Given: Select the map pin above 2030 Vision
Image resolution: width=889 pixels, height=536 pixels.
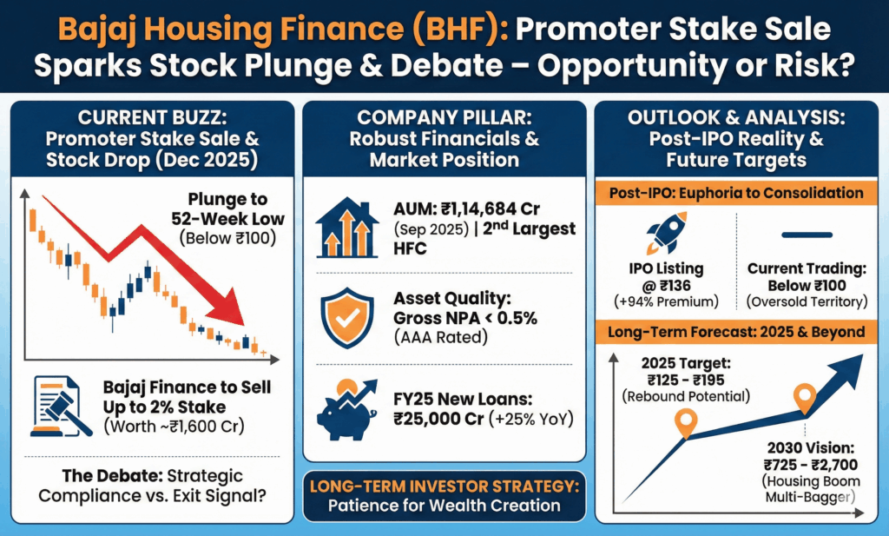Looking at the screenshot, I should click(x=804, y=399).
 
